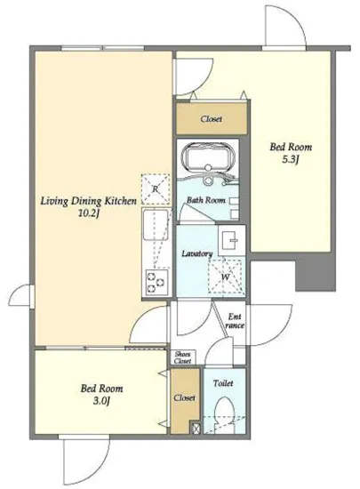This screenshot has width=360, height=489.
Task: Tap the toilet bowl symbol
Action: [224, 413]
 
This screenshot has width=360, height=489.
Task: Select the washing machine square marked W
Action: [225, 277]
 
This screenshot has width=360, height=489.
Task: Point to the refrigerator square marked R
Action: [156, 189]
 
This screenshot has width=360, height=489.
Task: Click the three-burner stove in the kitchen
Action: [156, 283]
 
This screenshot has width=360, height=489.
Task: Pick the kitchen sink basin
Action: [156, 225]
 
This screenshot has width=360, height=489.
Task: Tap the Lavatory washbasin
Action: [232, 240]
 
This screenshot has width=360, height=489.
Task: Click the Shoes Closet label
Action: [183, 357]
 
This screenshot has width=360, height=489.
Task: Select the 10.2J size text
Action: [88, 213]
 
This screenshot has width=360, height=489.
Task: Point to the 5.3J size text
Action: [291, 160]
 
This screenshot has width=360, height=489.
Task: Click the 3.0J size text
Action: [101, 401]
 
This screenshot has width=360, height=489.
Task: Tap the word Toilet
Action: [223, 383]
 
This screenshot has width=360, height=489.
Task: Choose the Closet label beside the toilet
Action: [185, 397]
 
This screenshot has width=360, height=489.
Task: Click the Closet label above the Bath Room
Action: [212, 119]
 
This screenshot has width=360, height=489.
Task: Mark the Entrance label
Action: [235, 321]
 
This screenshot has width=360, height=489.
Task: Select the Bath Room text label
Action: [205, 200]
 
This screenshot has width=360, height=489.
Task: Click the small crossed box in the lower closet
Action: [196, 428]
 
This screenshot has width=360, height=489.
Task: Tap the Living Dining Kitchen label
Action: [89, 201]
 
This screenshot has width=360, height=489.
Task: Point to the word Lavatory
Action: [197, 253]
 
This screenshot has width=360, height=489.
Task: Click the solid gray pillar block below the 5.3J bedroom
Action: [316, 275]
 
